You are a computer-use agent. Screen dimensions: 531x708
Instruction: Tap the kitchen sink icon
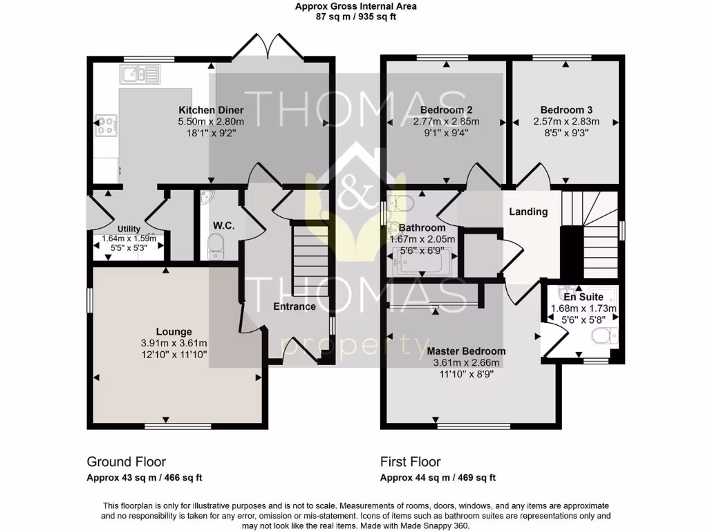click(139, 74)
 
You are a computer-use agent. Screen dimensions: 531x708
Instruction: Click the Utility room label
click(129, 229)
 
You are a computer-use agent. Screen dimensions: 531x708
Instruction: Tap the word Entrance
click(295, 306)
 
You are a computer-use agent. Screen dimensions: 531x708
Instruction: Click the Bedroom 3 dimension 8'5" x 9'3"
click(566, 134)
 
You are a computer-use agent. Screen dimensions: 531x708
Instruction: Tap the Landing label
click(528, 212)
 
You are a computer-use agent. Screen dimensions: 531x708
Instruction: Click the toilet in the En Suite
click(604, 337)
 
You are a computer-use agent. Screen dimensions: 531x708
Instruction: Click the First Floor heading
click(410, 462)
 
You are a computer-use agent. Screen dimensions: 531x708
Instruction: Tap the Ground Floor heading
click(126, 462)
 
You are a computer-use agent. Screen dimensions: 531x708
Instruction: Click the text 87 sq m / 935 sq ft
click(356, 17)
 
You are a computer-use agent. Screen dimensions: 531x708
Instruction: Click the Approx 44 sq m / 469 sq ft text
click(438, 478)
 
